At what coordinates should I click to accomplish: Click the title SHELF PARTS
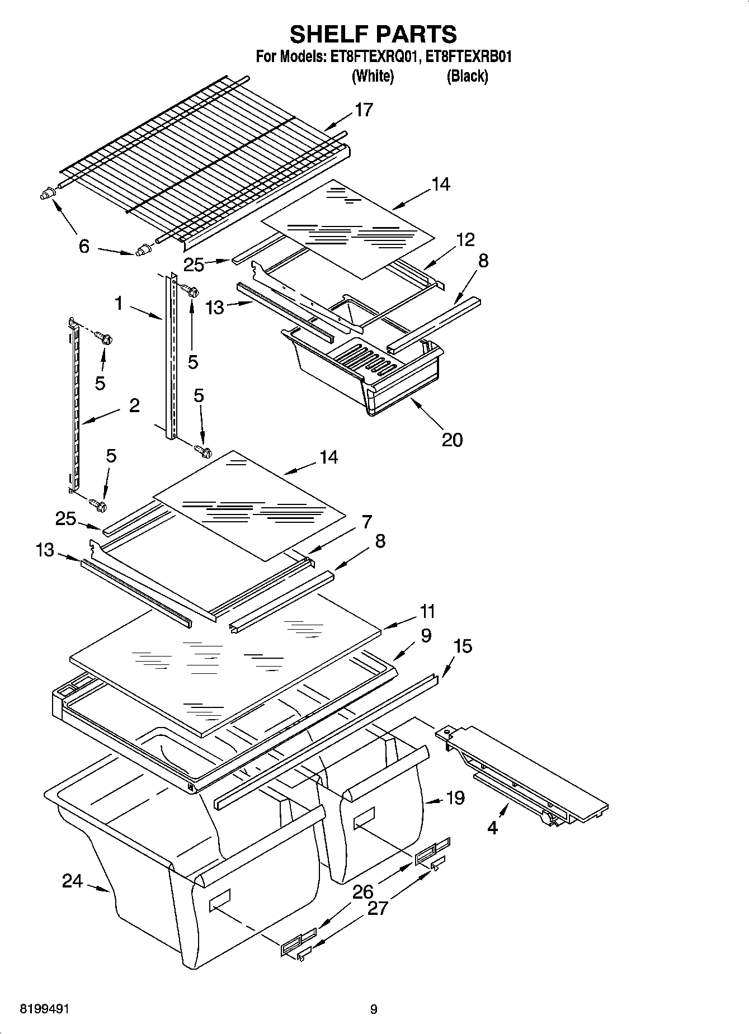click(x=373, y=34)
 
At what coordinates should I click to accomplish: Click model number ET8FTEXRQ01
click(x=373, y=57)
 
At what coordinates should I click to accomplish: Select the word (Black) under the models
click(x=467, y=76)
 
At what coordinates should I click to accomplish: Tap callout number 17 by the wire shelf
click(x=364, y=110)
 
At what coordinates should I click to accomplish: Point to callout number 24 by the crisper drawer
click(x=72, y=881)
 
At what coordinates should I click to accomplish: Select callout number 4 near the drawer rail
click(x=492, y=828)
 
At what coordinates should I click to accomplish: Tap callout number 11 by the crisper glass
click(x=427, y=611)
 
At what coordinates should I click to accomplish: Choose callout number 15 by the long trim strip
click(x=463, y=646)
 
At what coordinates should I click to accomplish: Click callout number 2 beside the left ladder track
click(x=134, y=405)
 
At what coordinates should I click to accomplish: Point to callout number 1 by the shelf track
click(x=119, y=304)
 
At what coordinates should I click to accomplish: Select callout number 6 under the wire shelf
click(x=84, y=246)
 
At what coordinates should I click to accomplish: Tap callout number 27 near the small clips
click(x=378, y=908)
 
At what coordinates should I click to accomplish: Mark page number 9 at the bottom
click(x=374, y=1009)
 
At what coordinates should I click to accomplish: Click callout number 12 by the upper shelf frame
click(x=465, y=239)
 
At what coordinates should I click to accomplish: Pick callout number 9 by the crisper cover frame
click(x=426, y=635)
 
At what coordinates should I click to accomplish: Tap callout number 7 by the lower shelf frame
click(x=366, y=522)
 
